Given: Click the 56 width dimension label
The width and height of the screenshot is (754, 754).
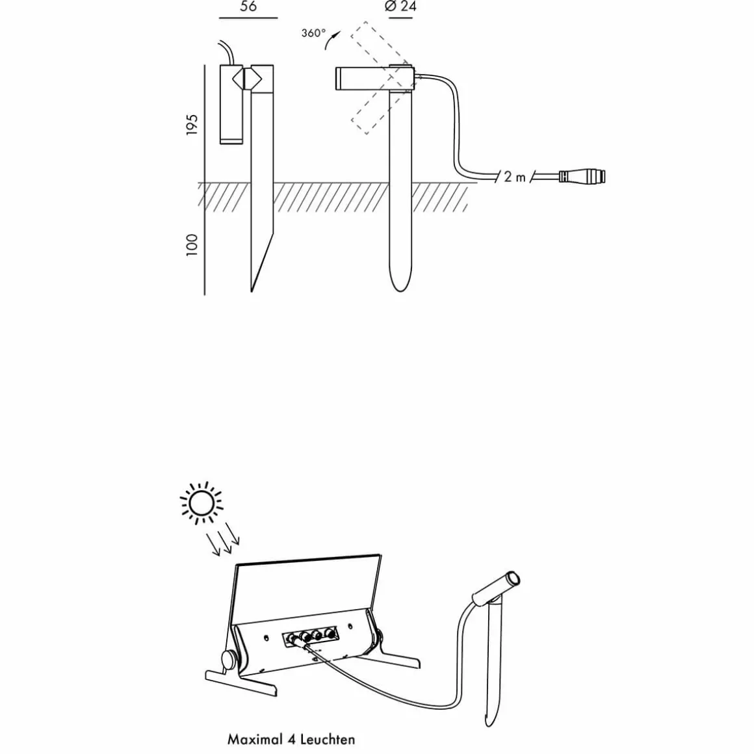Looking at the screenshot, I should coord(248,7).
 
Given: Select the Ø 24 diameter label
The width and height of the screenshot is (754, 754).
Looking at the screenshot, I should coord(400,7).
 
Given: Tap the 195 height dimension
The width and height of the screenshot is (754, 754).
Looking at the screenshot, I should coord(192,125).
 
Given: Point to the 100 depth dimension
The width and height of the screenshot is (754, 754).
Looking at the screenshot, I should coord(192,245).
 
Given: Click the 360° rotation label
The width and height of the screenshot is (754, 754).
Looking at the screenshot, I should coord(313,33).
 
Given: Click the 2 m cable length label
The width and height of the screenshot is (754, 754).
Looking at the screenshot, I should coord(514,177).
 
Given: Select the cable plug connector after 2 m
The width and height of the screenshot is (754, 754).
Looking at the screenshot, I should coord(581,176).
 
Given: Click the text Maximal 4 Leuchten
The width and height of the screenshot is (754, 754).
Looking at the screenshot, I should coord(291,739).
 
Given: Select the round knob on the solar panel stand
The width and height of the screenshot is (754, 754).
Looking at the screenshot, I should coord(229,658).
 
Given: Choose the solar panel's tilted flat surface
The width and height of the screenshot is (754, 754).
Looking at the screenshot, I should coord(305,588).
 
